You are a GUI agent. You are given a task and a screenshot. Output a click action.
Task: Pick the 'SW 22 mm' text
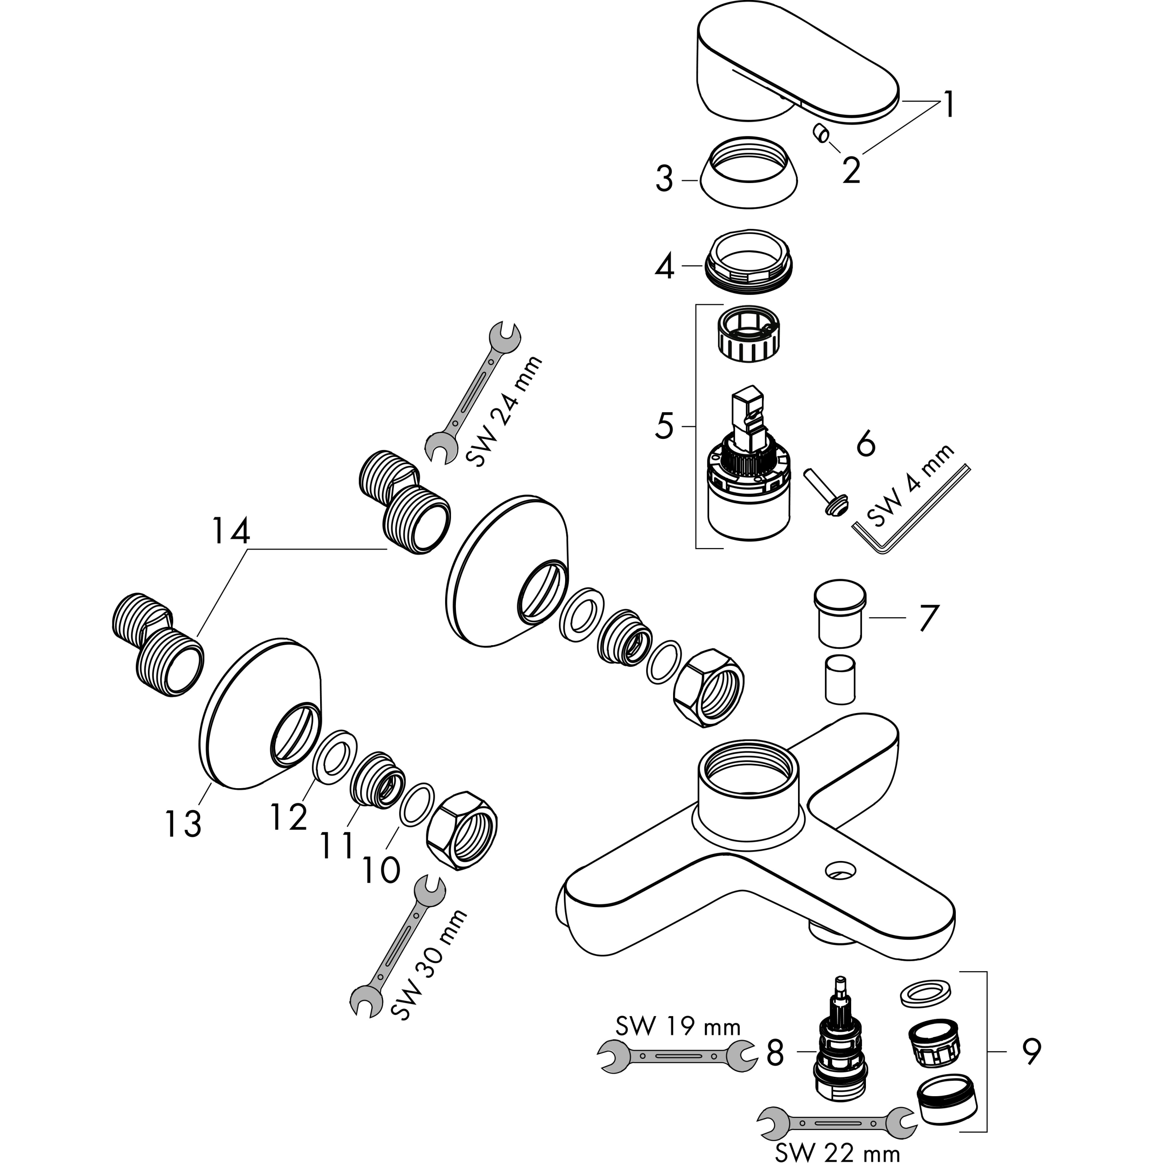click(x=838, y=1153)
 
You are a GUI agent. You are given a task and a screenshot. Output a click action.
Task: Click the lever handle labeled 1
click(x=793, y=67)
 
